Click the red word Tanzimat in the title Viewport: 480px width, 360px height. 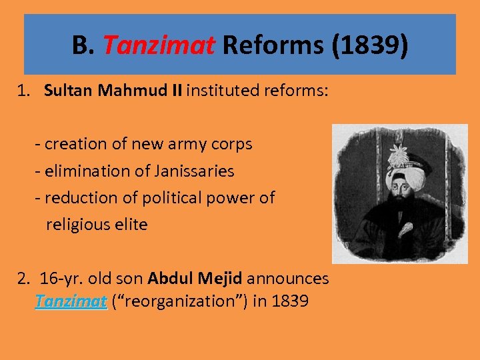click(x=159, y=46)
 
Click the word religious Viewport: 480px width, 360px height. click(x=74, y=225)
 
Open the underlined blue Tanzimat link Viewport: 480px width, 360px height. click(x=71, y=301)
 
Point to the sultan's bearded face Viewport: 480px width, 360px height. click(x=399, y=193)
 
